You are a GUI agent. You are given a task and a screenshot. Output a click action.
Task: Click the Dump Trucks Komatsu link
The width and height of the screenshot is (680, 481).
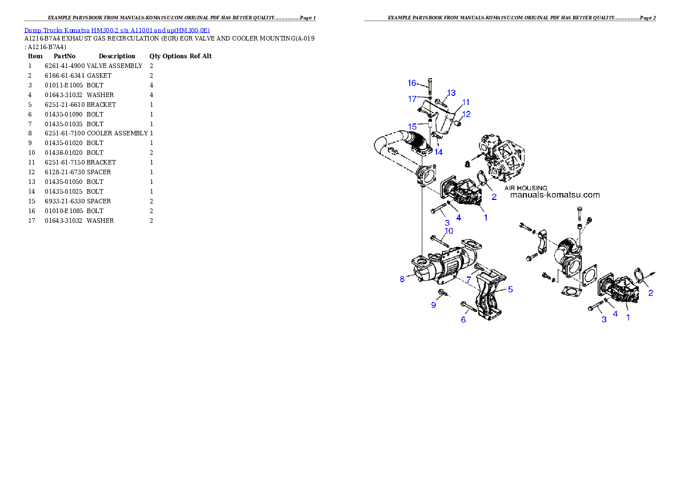pyautogui.click(x=57, y=30)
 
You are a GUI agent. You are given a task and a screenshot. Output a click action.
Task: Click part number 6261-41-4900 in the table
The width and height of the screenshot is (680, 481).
pyautogui.click(x=65, y=66)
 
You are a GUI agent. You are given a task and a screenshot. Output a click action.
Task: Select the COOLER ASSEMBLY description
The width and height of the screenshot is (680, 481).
pyautogui.click(x=117, y=133)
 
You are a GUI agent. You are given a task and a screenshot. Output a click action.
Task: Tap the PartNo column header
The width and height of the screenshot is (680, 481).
pyautogui.click(x=65, y=56)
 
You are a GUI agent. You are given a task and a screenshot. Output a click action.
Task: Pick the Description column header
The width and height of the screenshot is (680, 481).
pyautogui.click(x=117, y=56)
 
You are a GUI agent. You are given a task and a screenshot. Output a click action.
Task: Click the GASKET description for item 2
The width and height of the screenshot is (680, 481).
pyautogui.click(x=99, y=75)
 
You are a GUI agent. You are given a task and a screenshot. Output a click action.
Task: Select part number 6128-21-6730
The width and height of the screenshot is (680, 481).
pyautogui.click(x=65, y=172)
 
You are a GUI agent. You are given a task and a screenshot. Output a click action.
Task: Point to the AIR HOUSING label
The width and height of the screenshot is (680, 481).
pyautogui.click(x=526, y=189)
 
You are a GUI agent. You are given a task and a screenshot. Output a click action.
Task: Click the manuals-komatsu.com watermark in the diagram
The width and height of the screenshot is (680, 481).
pyautogui.click(x=555, y=195)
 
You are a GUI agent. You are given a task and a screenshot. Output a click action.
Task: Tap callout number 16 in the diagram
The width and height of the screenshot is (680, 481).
pyautogui.click(x=412, y=83)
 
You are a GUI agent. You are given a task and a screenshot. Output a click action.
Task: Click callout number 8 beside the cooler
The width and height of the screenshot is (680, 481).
pyautogui.click(x=402, y=279)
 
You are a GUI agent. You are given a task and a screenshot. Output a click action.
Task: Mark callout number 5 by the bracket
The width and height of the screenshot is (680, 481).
pyautogui.click(x=510, y=289)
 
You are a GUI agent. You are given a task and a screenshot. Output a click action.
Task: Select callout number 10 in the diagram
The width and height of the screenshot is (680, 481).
pyautogui.click(x=449, y=231)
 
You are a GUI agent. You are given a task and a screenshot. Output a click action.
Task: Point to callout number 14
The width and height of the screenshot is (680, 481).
pyautogui.click(x=438, y=152)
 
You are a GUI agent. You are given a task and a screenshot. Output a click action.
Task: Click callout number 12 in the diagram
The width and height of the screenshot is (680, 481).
pyautogui.click(x=466, y=114)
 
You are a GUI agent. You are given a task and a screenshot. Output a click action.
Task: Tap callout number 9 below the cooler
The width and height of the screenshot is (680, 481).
pyautogui.click(x=433, y=306)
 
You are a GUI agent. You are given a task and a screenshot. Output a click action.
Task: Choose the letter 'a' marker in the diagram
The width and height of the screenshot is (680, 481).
pyautogui.click(x=467, y=164)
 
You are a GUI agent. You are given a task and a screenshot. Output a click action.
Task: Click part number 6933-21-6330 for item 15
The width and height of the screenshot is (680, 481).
pyautogui.click(x=65, y=201)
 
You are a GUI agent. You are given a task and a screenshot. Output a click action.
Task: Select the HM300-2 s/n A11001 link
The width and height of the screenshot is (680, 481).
pyautogui.click(x=150, y=30)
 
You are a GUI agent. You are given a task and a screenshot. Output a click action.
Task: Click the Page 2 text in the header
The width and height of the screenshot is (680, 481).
pyautogui.click(x=648, y=18)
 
